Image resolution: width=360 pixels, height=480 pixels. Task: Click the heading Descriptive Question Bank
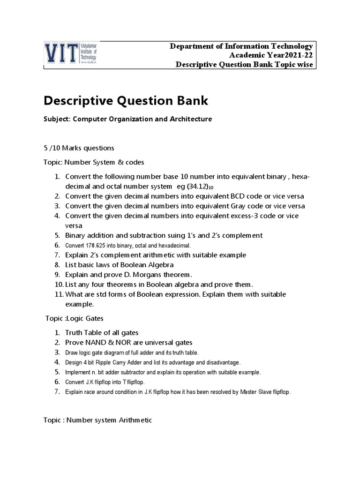tap(126, 100)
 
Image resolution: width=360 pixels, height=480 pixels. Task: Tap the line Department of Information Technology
tap(241, 46)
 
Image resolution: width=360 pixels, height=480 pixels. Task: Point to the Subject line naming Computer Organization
tap(127, 119)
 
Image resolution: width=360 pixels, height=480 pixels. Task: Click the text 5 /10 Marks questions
tap(79, 148)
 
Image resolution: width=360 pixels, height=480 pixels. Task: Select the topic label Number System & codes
tap(94, 163)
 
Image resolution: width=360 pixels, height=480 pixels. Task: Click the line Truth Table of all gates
tap(102, 333)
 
